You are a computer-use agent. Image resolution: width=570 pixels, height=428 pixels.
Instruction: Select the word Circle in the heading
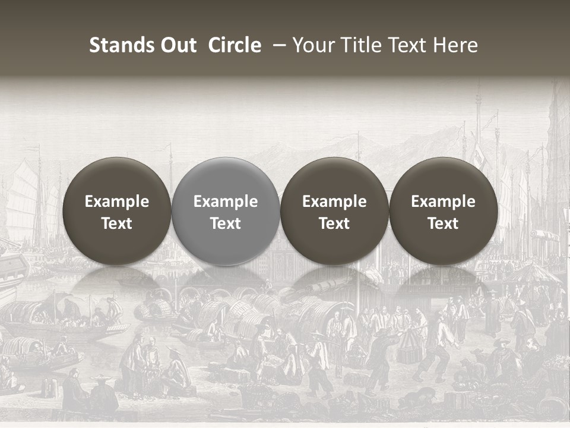tap(235, 45)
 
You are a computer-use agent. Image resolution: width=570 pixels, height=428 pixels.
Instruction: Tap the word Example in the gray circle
tap(226, 202)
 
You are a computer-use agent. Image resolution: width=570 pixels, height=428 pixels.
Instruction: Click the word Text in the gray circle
tap(226, 224)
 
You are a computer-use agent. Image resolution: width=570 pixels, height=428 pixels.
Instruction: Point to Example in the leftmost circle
tap(117, 202)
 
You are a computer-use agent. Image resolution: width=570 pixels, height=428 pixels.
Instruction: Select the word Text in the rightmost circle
tap(443, 224)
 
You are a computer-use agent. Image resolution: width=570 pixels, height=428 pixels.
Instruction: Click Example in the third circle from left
tap(334, 202)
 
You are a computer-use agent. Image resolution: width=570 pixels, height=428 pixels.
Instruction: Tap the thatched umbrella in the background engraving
tap(534, 273)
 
